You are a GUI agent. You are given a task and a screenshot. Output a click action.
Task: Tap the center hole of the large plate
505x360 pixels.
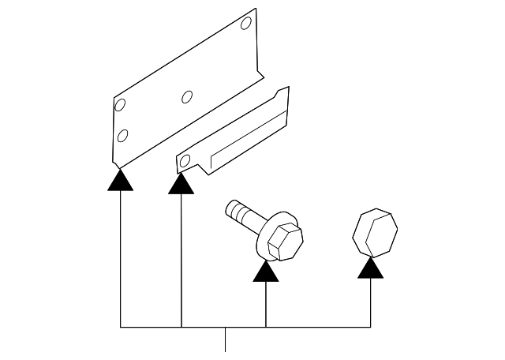pos(187,97)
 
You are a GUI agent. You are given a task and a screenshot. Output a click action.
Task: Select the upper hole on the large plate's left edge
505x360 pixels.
pos(120,105)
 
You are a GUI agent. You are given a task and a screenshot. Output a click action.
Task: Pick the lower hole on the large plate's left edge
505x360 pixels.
pos(122,135)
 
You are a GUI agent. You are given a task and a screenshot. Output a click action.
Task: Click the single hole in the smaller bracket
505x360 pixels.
pos(185,163)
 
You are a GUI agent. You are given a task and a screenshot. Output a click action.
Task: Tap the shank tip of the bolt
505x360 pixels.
pos(231,208)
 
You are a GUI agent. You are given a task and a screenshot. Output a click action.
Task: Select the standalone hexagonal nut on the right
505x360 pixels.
pos(373,232)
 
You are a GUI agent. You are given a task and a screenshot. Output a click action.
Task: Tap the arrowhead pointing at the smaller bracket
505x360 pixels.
pos(181,184)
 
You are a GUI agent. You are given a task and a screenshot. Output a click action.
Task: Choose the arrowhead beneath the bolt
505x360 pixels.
pos(266,272)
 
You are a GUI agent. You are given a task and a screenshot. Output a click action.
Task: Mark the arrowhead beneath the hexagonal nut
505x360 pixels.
pos(370,269)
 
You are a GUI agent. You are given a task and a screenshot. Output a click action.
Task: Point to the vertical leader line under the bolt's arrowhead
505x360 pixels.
pos(266,304)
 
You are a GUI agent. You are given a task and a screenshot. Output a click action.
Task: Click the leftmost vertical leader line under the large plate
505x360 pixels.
pos(120,261)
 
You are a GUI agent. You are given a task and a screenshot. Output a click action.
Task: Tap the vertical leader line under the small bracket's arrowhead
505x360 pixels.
pos(181,261)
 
